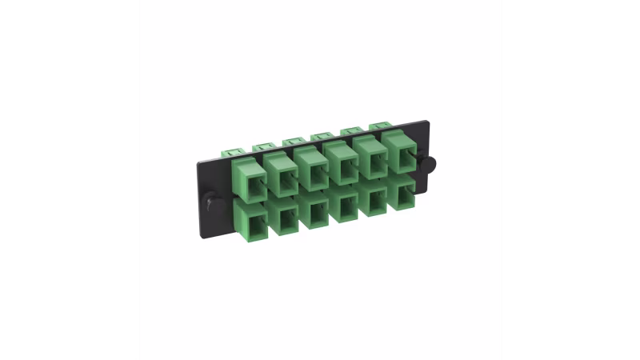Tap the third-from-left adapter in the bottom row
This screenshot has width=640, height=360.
click(x=312, y=210)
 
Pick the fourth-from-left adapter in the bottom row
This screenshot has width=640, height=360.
click(x=344, y=205)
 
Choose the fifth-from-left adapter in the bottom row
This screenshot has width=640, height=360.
click(x=373, y=200)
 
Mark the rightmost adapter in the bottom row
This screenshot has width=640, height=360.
click(x=400, y=193)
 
